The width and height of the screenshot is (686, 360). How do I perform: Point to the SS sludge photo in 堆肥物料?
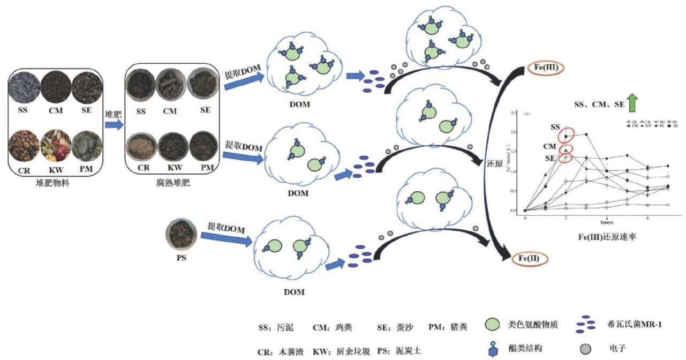[24, 87]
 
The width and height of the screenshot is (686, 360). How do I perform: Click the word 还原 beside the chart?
[494, 163]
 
